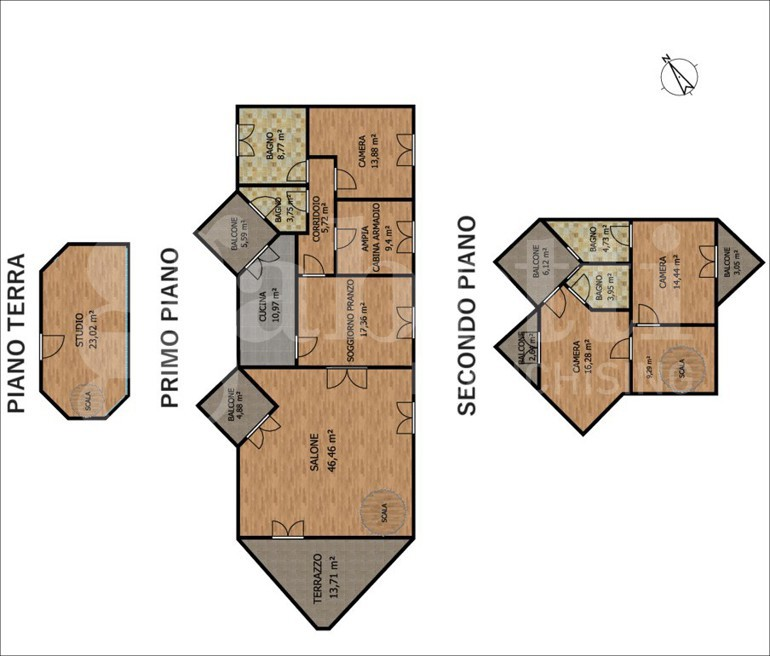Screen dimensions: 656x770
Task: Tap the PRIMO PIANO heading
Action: pos(171,328)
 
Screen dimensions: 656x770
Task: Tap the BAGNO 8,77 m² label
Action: pos(275,145)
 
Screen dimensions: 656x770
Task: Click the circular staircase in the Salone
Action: pos(383,513)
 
